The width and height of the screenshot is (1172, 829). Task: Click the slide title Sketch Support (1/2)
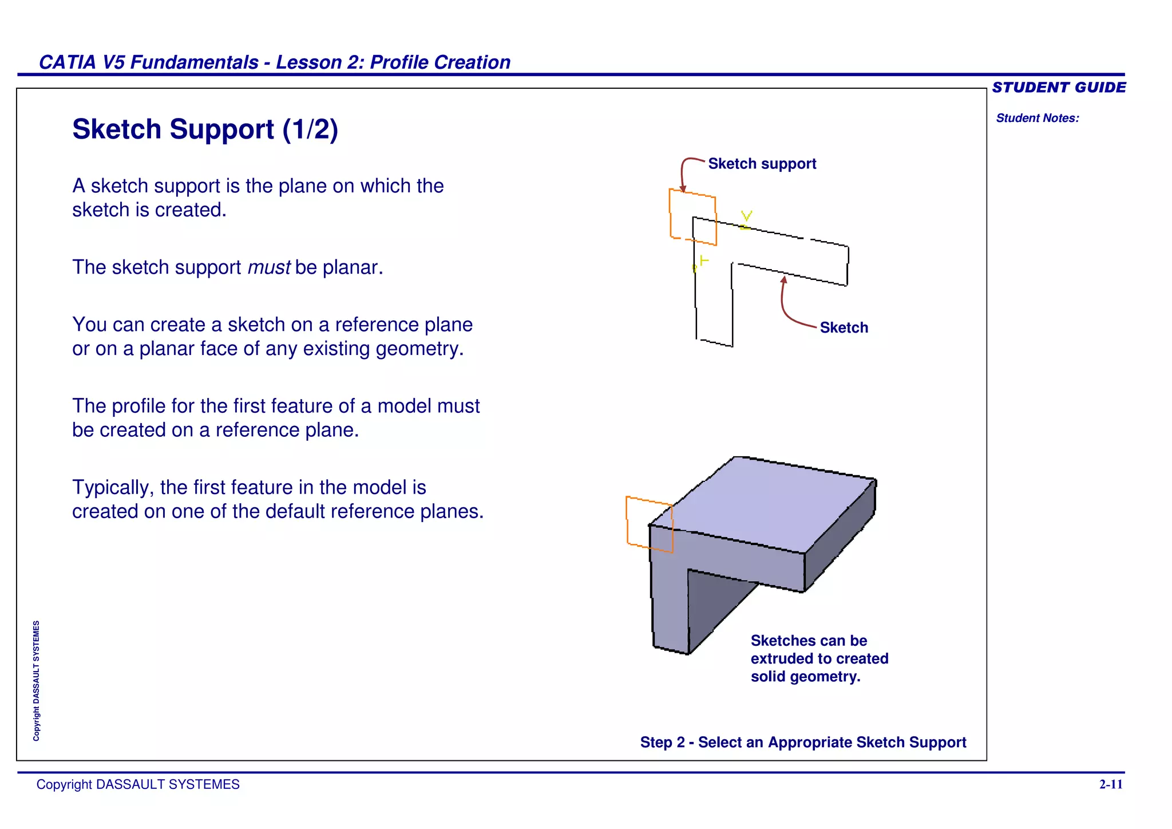click(x=205, y=129)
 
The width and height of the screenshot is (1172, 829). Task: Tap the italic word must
click(x=269, y=267)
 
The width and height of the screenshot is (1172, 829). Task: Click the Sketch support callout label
click(x=762, y=164)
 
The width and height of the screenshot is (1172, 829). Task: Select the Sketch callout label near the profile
click(x=844, y=327)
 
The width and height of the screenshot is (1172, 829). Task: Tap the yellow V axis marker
click(x=746, y=217)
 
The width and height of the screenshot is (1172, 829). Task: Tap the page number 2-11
click(x=1110, y=784)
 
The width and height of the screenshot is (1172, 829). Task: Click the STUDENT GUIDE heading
click(x=1059, y=88)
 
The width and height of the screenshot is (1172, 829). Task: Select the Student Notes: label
click(x=1037, y=118)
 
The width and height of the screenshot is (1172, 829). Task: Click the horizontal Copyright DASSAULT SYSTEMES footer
click(x=138, y=784)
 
